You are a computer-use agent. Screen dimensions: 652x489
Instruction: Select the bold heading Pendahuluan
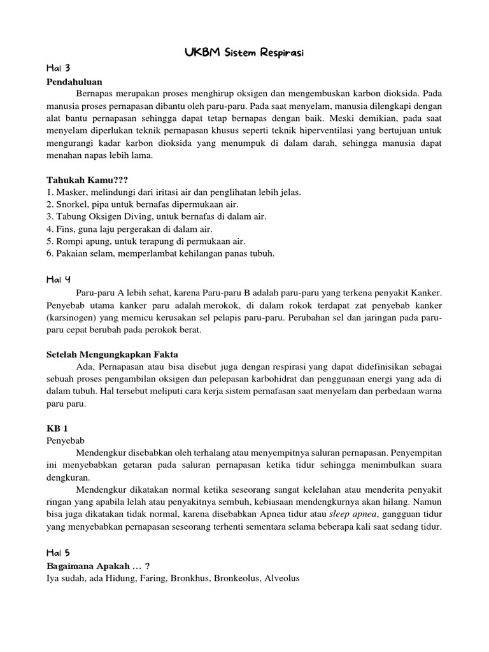(x=74, y=81)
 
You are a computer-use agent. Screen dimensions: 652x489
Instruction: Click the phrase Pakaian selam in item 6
(x=83, y=254)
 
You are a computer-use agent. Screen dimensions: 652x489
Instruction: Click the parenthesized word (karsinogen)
(x=72, y=316)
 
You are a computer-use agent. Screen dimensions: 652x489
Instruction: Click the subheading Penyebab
(x=65, y=440)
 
